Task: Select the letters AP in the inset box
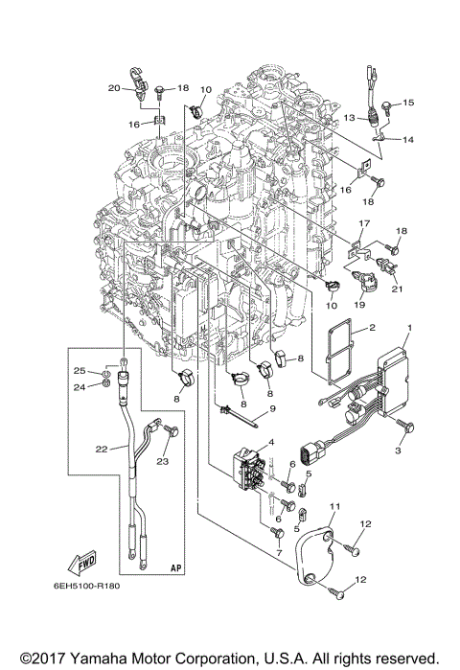coord(175,566)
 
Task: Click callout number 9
coord(271,409)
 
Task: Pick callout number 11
coord(334,505)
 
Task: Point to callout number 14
coord(408,140)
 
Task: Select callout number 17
coord(363,222)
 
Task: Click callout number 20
coord(114,88)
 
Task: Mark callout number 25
coord(82,370)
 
